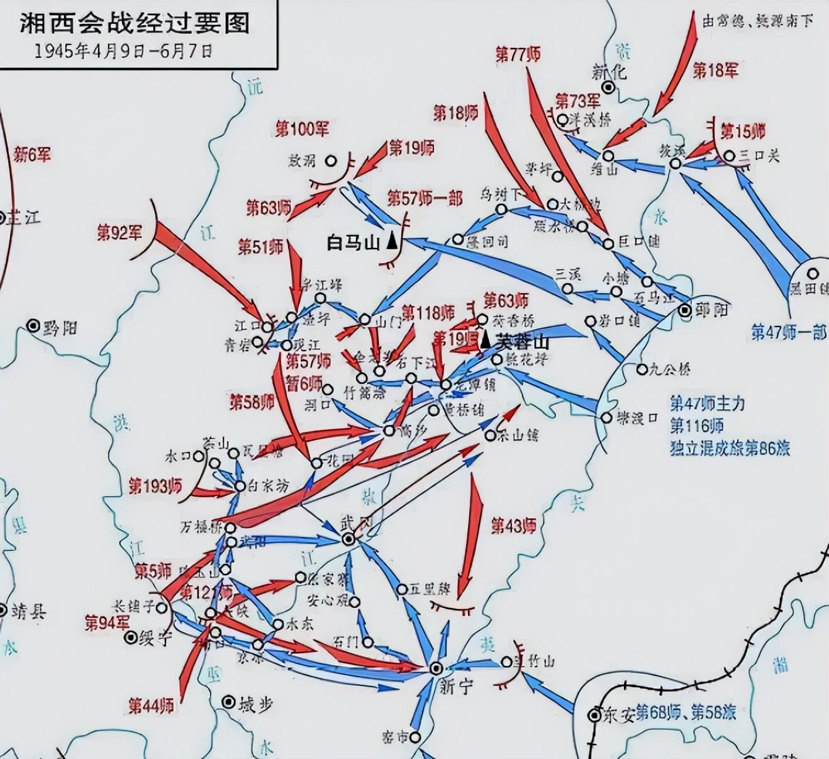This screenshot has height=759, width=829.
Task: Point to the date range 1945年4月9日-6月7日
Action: (123, 51)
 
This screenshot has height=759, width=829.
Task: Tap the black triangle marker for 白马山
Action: (392, 242)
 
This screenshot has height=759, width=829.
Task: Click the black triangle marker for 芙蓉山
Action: (486, 341)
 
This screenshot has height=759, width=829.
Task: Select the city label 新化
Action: (609, 70)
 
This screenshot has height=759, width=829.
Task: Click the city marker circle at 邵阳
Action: (685, 310)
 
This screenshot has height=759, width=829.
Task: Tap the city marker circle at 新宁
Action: (436, 668)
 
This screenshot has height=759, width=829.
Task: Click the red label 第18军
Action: (715, 70)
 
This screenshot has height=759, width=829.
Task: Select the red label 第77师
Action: (518, 54)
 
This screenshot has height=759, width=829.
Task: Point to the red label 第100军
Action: (302, 130)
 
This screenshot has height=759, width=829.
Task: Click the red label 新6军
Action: (32, 154)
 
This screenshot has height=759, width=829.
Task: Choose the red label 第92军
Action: (120, 233)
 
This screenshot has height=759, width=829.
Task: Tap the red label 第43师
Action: (513, 525)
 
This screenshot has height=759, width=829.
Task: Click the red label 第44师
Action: (151, 706)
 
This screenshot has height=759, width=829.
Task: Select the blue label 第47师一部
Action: (789, 332)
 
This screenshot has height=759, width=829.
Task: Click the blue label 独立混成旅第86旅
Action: (730, 448)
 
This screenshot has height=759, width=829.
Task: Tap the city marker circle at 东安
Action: (594, 715)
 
